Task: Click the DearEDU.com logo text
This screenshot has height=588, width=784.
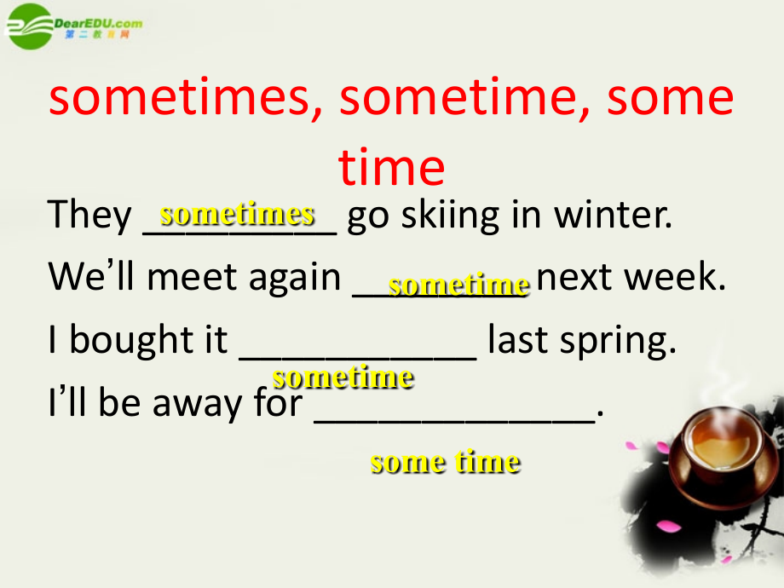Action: coord(98,23)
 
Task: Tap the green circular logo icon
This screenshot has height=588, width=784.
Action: coord(30,26)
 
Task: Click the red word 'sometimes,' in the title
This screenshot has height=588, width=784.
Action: coord(186,98)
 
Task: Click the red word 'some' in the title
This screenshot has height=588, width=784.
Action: coord(670,98)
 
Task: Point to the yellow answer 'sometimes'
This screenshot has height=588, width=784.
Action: coord(237,214)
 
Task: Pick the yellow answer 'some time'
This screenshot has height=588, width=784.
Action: coord(446,461)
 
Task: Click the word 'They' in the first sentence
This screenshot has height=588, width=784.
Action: coord(89,215)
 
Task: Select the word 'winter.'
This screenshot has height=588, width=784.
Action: coord(613,215)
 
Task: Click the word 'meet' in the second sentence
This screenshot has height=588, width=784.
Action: coord(192,277)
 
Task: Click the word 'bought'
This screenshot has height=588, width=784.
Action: coord(131,340)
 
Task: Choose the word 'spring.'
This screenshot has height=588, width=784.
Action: coord(618,342)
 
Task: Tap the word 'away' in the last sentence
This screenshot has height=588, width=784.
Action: coord(197,404)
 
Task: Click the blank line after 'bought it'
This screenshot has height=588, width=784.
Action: coord(358,358)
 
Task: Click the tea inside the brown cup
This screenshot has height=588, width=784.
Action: coord(723,442)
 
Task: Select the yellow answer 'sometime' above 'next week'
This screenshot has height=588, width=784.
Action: coord(459,285)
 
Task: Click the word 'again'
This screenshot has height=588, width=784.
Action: coord(295,279)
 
